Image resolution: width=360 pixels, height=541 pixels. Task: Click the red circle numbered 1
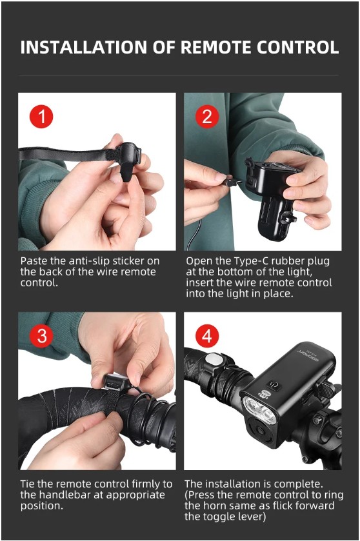pos(41,116)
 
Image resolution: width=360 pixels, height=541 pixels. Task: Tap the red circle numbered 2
pos(206,116)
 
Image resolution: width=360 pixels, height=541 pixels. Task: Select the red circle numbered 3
pos(41,335)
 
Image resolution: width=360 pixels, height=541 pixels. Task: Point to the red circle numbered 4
pos(206,335)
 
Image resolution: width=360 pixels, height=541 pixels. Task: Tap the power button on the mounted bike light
pos(274,384)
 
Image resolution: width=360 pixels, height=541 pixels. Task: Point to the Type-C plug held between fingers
pos(230,181)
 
